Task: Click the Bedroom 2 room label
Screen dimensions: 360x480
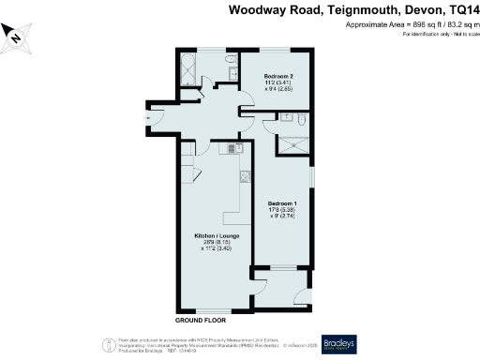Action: pyautogui.click(x=279, y=75)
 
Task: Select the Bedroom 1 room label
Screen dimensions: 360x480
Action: pyautogui.click(x=283, y=203)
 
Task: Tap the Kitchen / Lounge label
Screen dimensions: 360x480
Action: pyautogui.click(x=216, y=235)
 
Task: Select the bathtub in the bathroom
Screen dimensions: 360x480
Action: pyautogui.click(x=186, y=69)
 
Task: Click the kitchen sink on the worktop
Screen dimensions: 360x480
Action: pyautogui.click(x=232, y=148)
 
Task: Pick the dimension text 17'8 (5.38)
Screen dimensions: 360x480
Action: pyautogui.click(x=283, y=210)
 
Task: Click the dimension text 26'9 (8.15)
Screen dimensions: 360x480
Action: pyautogui.click(x=216, y=242)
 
